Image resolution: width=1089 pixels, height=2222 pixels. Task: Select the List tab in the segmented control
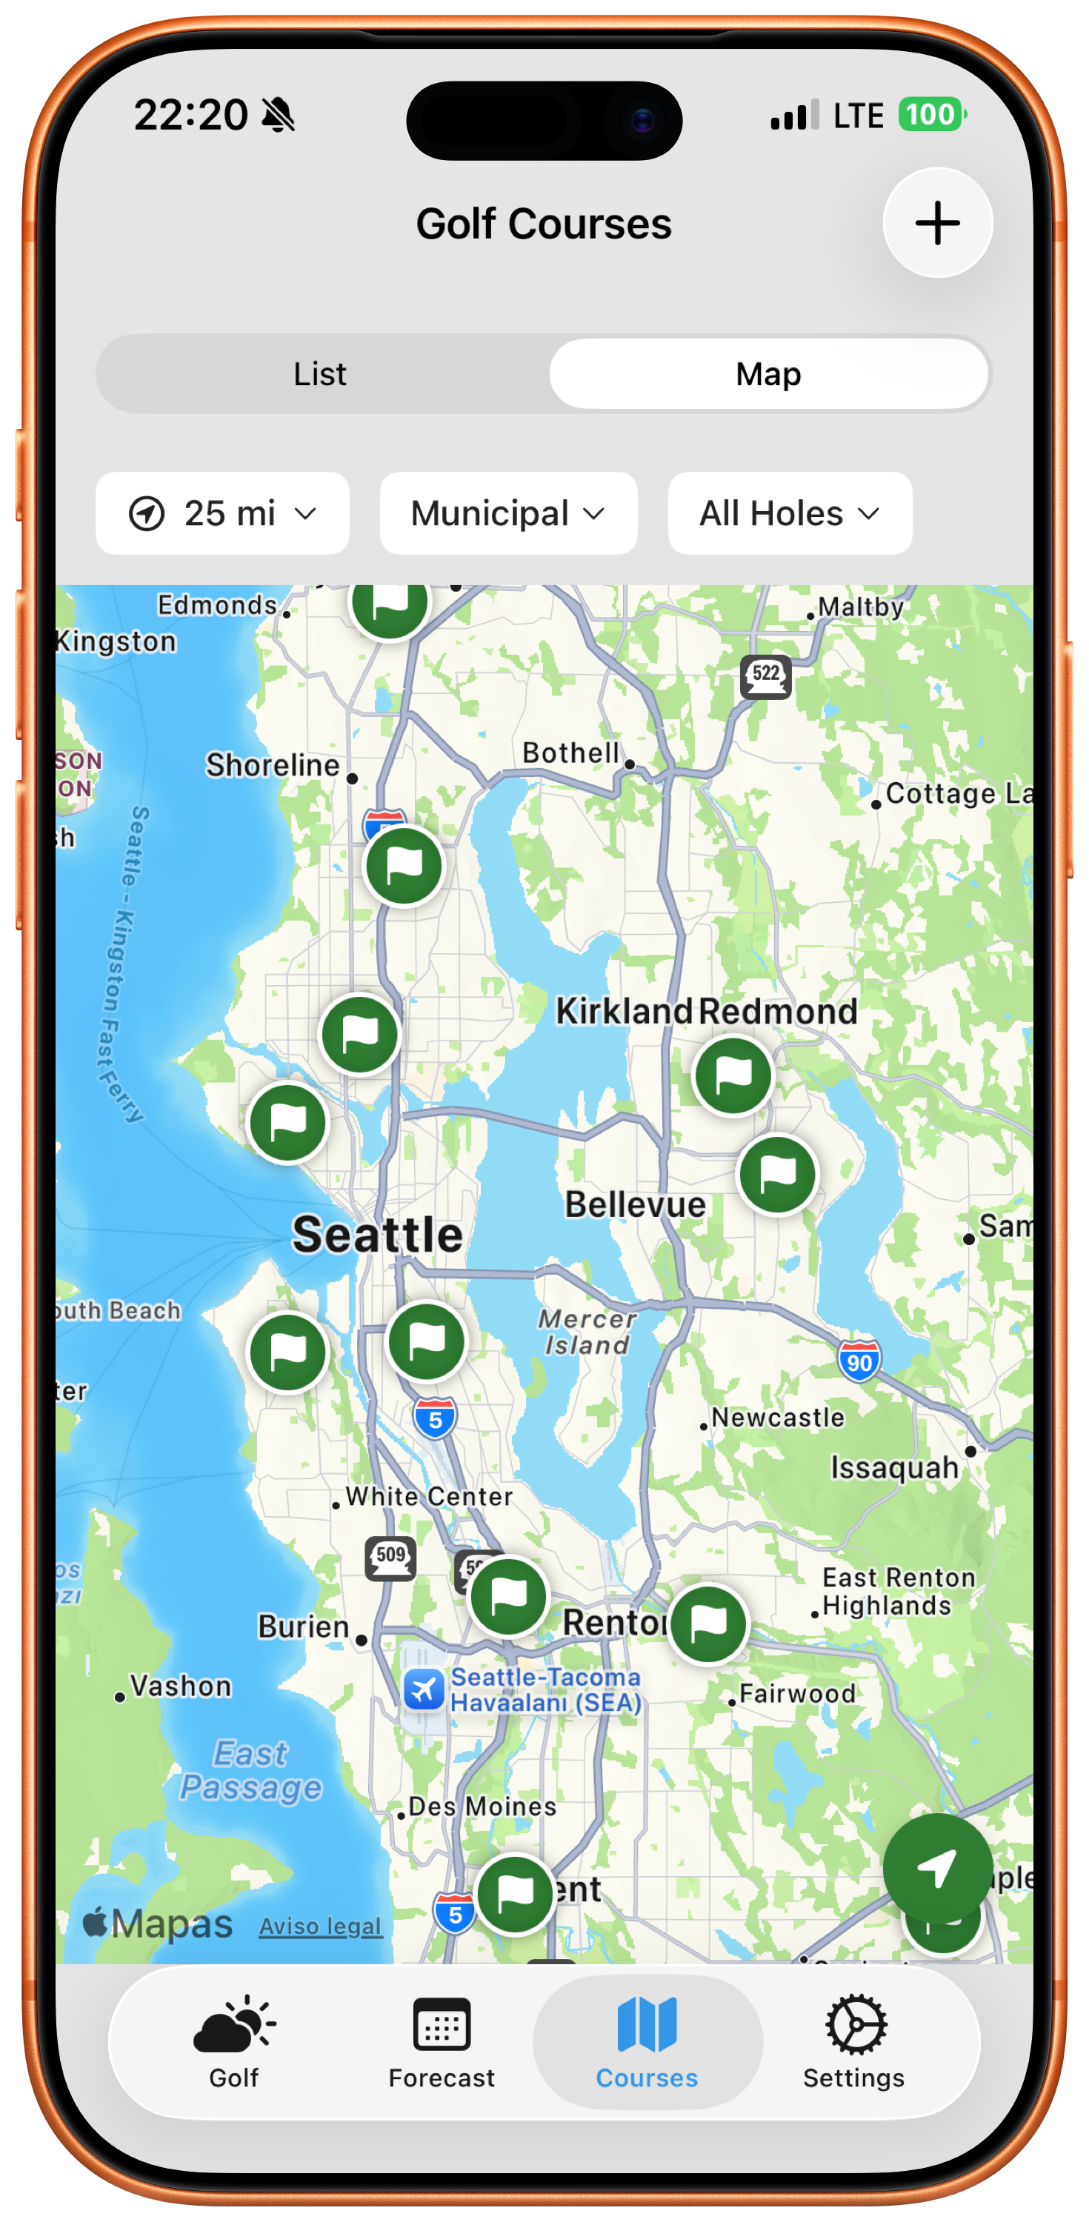[x=320, y=374]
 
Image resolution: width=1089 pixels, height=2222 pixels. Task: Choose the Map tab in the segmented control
[x=768, y=374]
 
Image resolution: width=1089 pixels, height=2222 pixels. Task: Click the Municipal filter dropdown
[x=507, y=513]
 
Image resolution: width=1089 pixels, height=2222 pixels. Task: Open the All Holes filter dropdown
[x=790, y=513]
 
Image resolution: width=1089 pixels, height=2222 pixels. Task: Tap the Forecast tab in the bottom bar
[x=441, y=2041]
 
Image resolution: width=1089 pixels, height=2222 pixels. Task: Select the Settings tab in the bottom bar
[x=853, y=2041]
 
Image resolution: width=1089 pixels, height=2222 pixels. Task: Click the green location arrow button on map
[x=936, y=1867]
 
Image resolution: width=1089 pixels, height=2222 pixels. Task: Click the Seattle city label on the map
[x=377, y=1235]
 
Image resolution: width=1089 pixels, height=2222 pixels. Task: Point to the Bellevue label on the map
[x=635, y=1205]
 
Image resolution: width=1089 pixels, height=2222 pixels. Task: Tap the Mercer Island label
[x=587, y=1332]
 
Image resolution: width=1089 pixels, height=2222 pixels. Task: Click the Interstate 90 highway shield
[x=859, y=1362]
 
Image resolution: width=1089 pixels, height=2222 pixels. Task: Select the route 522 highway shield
[x=765, y=675]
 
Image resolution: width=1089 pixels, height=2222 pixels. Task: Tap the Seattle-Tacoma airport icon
[x=424, y=1688]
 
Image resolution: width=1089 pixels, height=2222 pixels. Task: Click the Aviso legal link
[x=320, y=1926]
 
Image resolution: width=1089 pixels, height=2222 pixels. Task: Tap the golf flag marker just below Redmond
[x=733, y=1075]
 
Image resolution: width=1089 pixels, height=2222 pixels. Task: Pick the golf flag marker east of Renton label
[x=708, y=1624]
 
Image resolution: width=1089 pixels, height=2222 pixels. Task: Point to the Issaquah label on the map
[x=894, y=1467]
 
